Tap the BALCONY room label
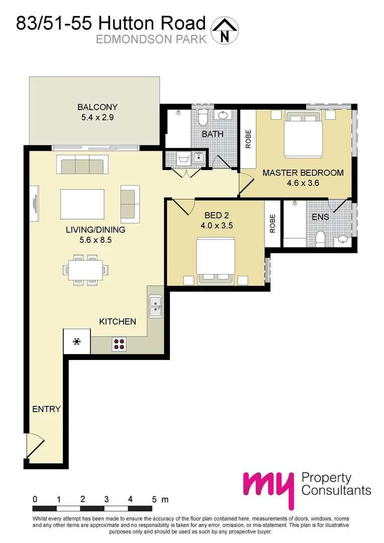[x=98, y=107]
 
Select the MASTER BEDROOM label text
[x=303, y=172]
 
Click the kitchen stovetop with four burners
[x=120, y=343]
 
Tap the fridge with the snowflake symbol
[x=77, y=342]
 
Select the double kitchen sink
[x=155, y=306]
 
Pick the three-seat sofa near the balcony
[x=82, y=164]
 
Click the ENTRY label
[x=46, y=409]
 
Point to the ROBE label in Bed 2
[x=272, y=223]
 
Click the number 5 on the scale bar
[x=154, y=499]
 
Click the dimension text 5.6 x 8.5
[x=95, y=240]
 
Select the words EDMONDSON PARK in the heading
[x=151, y=39]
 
